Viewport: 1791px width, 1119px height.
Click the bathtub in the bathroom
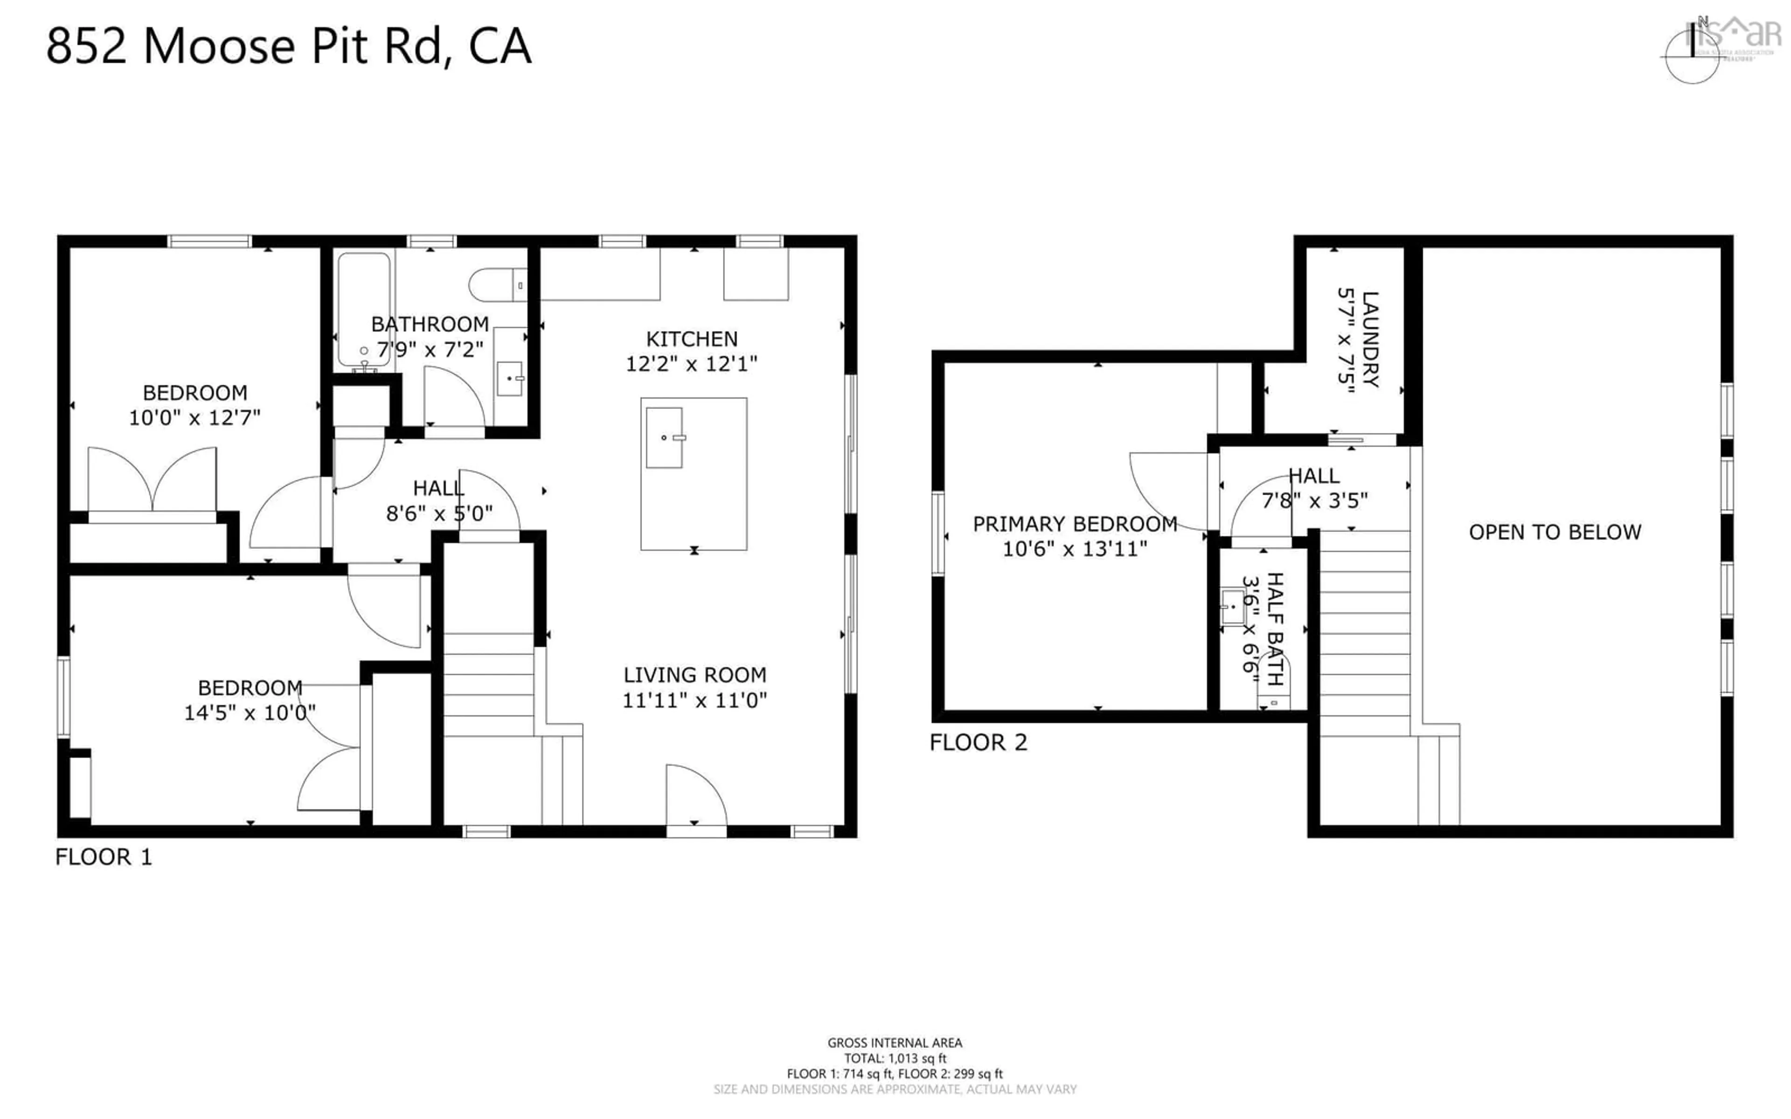(x=363, y=311)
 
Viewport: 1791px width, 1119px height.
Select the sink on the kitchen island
(x=664, y=437)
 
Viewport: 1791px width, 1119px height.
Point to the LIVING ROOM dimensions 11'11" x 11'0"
(x=694, y=699)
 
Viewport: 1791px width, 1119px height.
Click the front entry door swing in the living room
(x=694, y=795)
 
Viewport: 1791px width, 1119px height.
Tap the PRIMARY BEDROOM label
(x=1075, y=524)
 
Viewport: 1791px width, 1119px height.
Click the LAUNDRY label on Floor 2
(x=1370, y=339)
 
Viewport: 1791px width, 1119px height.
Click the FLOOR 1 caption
(x=104, y=857)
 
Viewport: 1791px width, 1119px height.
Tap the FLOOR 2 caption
(x=979, y=742)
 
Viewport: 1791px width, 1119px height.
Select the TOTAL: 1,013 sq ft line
(x=895, y=1058)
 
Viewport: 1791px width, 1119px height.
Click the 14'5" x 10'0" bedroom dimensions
(x=250, y=712)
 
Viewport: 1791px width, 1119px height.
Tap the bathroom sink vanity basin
(x=510, y=379)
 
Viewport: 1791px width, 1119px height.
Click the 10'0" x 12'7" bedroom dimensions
(x=194, y=417)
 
